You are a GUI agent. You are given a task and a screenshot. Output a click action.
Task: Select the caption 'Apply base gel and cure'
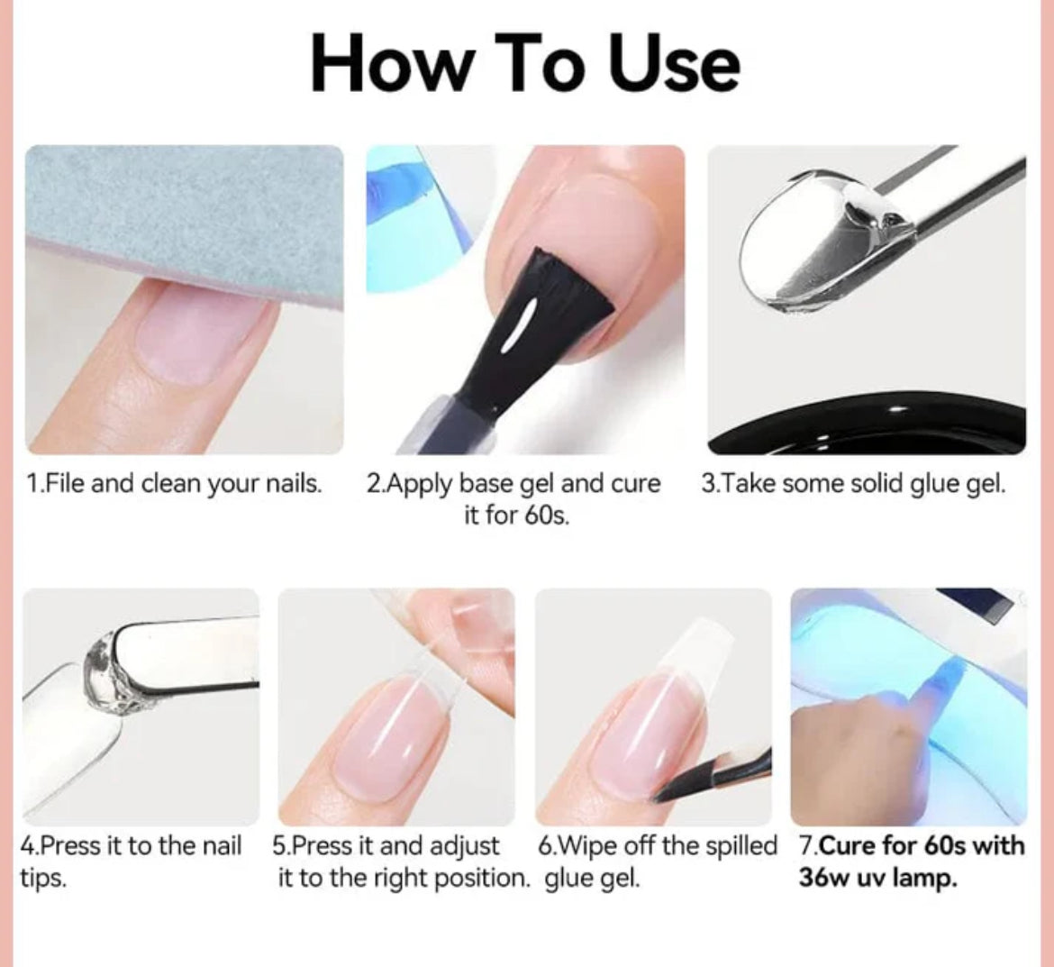(513, 484)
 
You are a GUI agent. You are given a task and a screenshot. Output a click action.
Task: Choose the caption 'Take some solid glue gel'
(853, 484)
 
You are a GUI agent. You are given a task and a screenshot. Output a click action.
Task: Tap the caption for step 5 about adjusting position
(401, 862)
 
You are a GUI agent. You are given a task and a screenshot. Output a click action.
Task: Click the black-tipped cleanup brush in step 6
(712, 775)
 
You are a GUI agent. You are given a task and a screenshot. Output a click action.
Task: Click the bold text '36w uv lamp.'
(877, 878)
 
